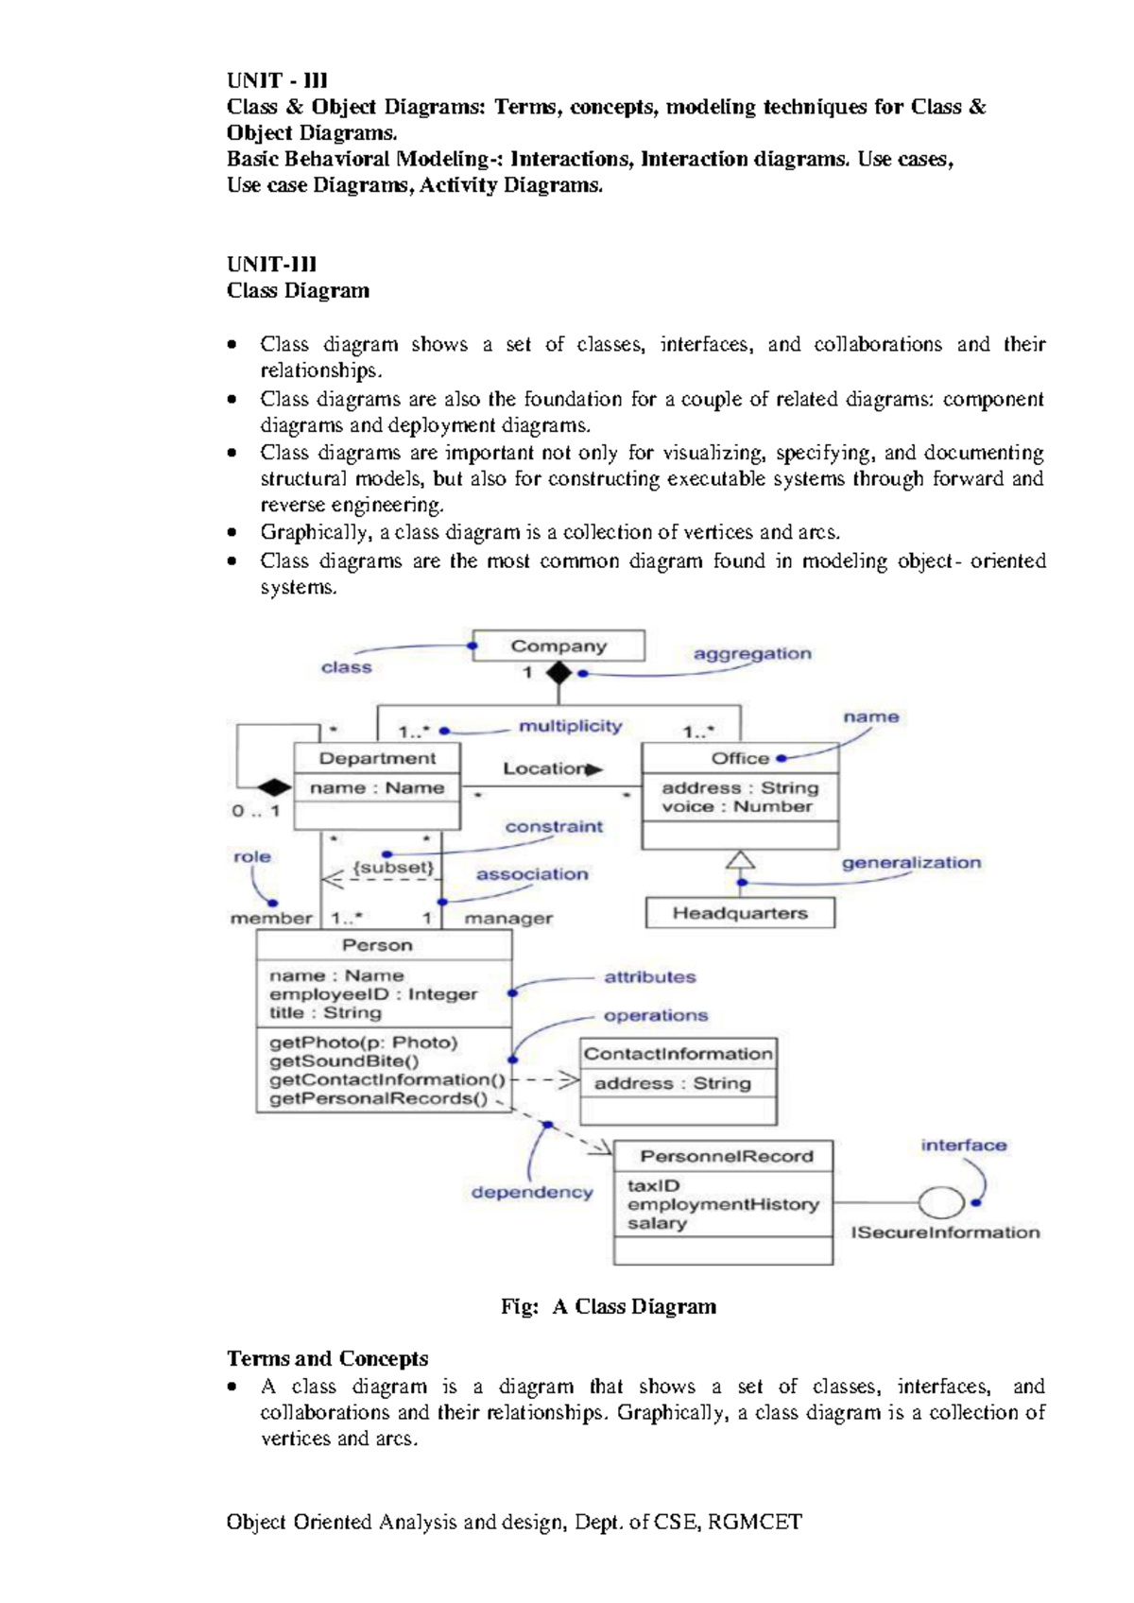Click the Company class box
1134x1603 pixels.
tap(558, 646)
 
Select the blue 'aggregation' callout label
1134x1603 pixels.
tap(752, 654)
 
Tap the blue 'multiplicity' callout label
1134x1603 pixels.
tap(570, 726)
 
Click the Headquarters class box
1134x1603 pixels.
tap(740, 913)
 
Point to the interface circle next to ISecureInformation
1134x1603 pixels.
tap(941, 1202)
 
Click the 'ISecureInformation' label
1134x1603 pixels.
tap(945, 1232)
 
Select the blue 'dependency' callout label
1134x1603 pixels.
tap(532, 1193)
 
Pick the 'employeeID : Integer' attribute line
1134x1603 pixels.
tap(373, 994)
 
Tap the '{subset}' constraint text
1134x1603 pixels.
tap(393, 867)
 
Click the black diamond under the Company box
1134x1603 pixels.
tap(558, 674)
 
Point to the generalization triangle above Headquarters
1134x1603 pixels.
tap(740, 859)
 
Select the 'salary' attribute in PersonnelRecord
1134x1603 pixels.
tap(657, 1223)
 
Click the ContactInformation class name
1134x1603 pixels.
tap(678, 1054)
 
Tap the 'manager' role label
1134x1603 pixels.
tap(508, 918)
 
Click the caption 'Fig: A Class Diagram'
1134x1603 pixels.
tap(609, 1307)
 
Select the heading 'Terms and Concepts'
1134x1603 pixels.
tap(327, 1359)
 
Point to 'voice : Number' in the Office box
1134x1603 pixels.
tap(736, 807)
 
